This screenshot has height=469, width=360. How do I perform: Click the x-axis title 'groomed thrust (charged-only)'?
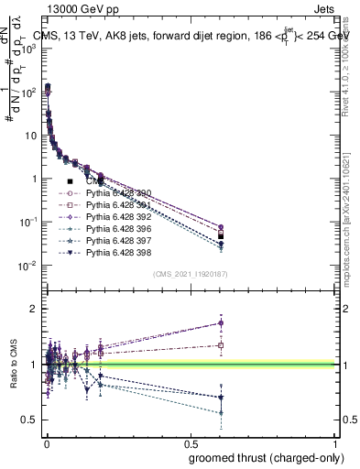tap(260, 457)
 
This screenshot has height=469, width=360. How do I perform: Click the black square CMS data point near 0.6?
tap(221, 235)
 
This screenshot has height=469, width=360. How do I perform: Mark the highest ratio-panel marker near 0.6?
tap(221, 322)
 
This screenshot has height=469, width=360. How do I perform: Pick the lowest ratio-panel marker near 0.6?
tap(221, 413)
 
